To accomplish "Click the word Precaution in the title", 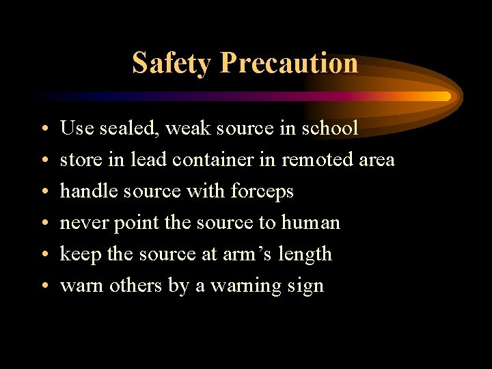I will pyautogui.click(x=290, y=63).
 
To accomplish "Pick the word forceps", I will pyautogui.click(x=264, y=191).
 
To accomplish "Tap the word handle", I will pyautogui.click(x=85, y=191).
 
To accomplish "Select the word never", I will pyautogui.click(x=81, y=223).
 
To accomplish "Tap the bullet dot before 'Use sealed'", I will pyautogui.click(x=42, y=129).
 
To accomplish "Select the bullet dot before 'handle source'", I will pyautogui.click(x=42, y=192).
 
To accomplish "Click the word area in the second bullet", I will pyautogui.click(x=377, y=160).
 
